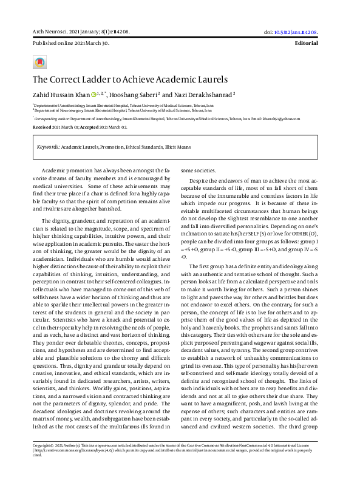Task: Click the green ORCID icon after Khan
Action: click(93, 95)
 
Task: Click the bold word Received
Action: click(42, 127)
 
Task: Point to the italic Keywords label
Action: click(47, 147)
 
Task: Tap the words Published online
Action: click(50, 44)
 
